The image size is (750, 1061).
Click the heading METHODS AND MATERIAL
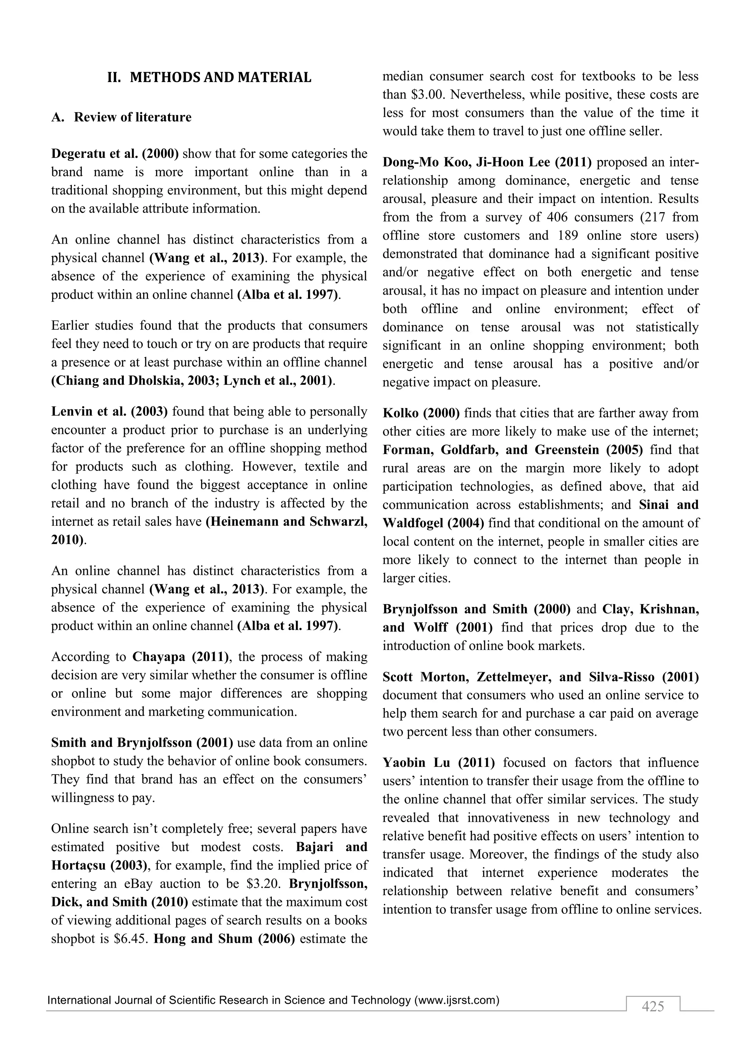click(x=220, y=78)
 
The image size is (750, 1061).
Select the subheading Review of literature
click(x=133, y=117)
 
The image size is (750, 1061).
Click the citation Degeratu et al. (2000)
click(x=115, y=154)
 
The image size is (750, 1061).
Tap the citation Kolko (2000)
click(x=421, y=413)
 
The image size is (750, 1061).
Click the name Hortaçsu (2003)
click(x=99, y=865)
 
